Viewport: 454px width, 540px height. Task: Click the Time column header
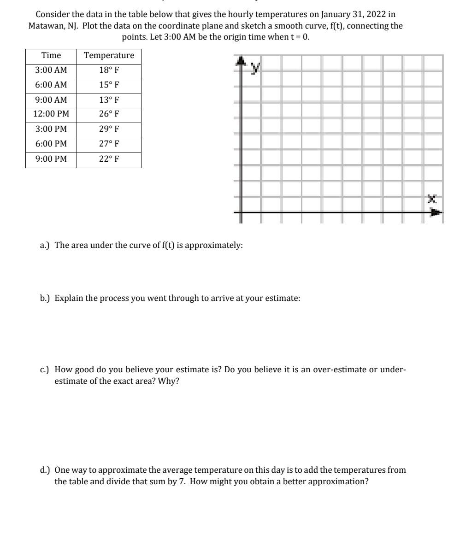tap(51, 56)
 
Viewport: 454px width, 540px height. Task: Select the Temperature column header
tap(109, 56)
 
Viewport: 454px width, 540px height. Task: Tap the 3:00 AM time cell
tap(51, 70)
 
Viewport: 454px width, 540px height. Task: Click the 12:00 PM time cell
tap(51, 114)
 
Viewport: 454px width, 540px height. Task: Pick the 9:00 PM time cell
tap(51, 159)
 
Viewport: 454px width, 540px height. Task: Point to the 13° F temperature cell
tap(109, 100)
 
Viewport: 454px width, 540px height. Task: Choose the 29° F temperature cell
tap(109, 129)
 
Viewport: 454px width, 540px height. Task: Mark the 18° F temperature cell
tap(109, 70)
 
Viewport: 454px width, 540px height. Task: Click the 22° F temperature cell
tap(109, 159)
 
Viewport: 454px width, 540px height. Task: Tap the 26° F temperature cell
tap(109, 114)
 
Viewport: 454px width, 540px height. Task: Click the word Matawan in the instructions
tap(44, 26)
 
